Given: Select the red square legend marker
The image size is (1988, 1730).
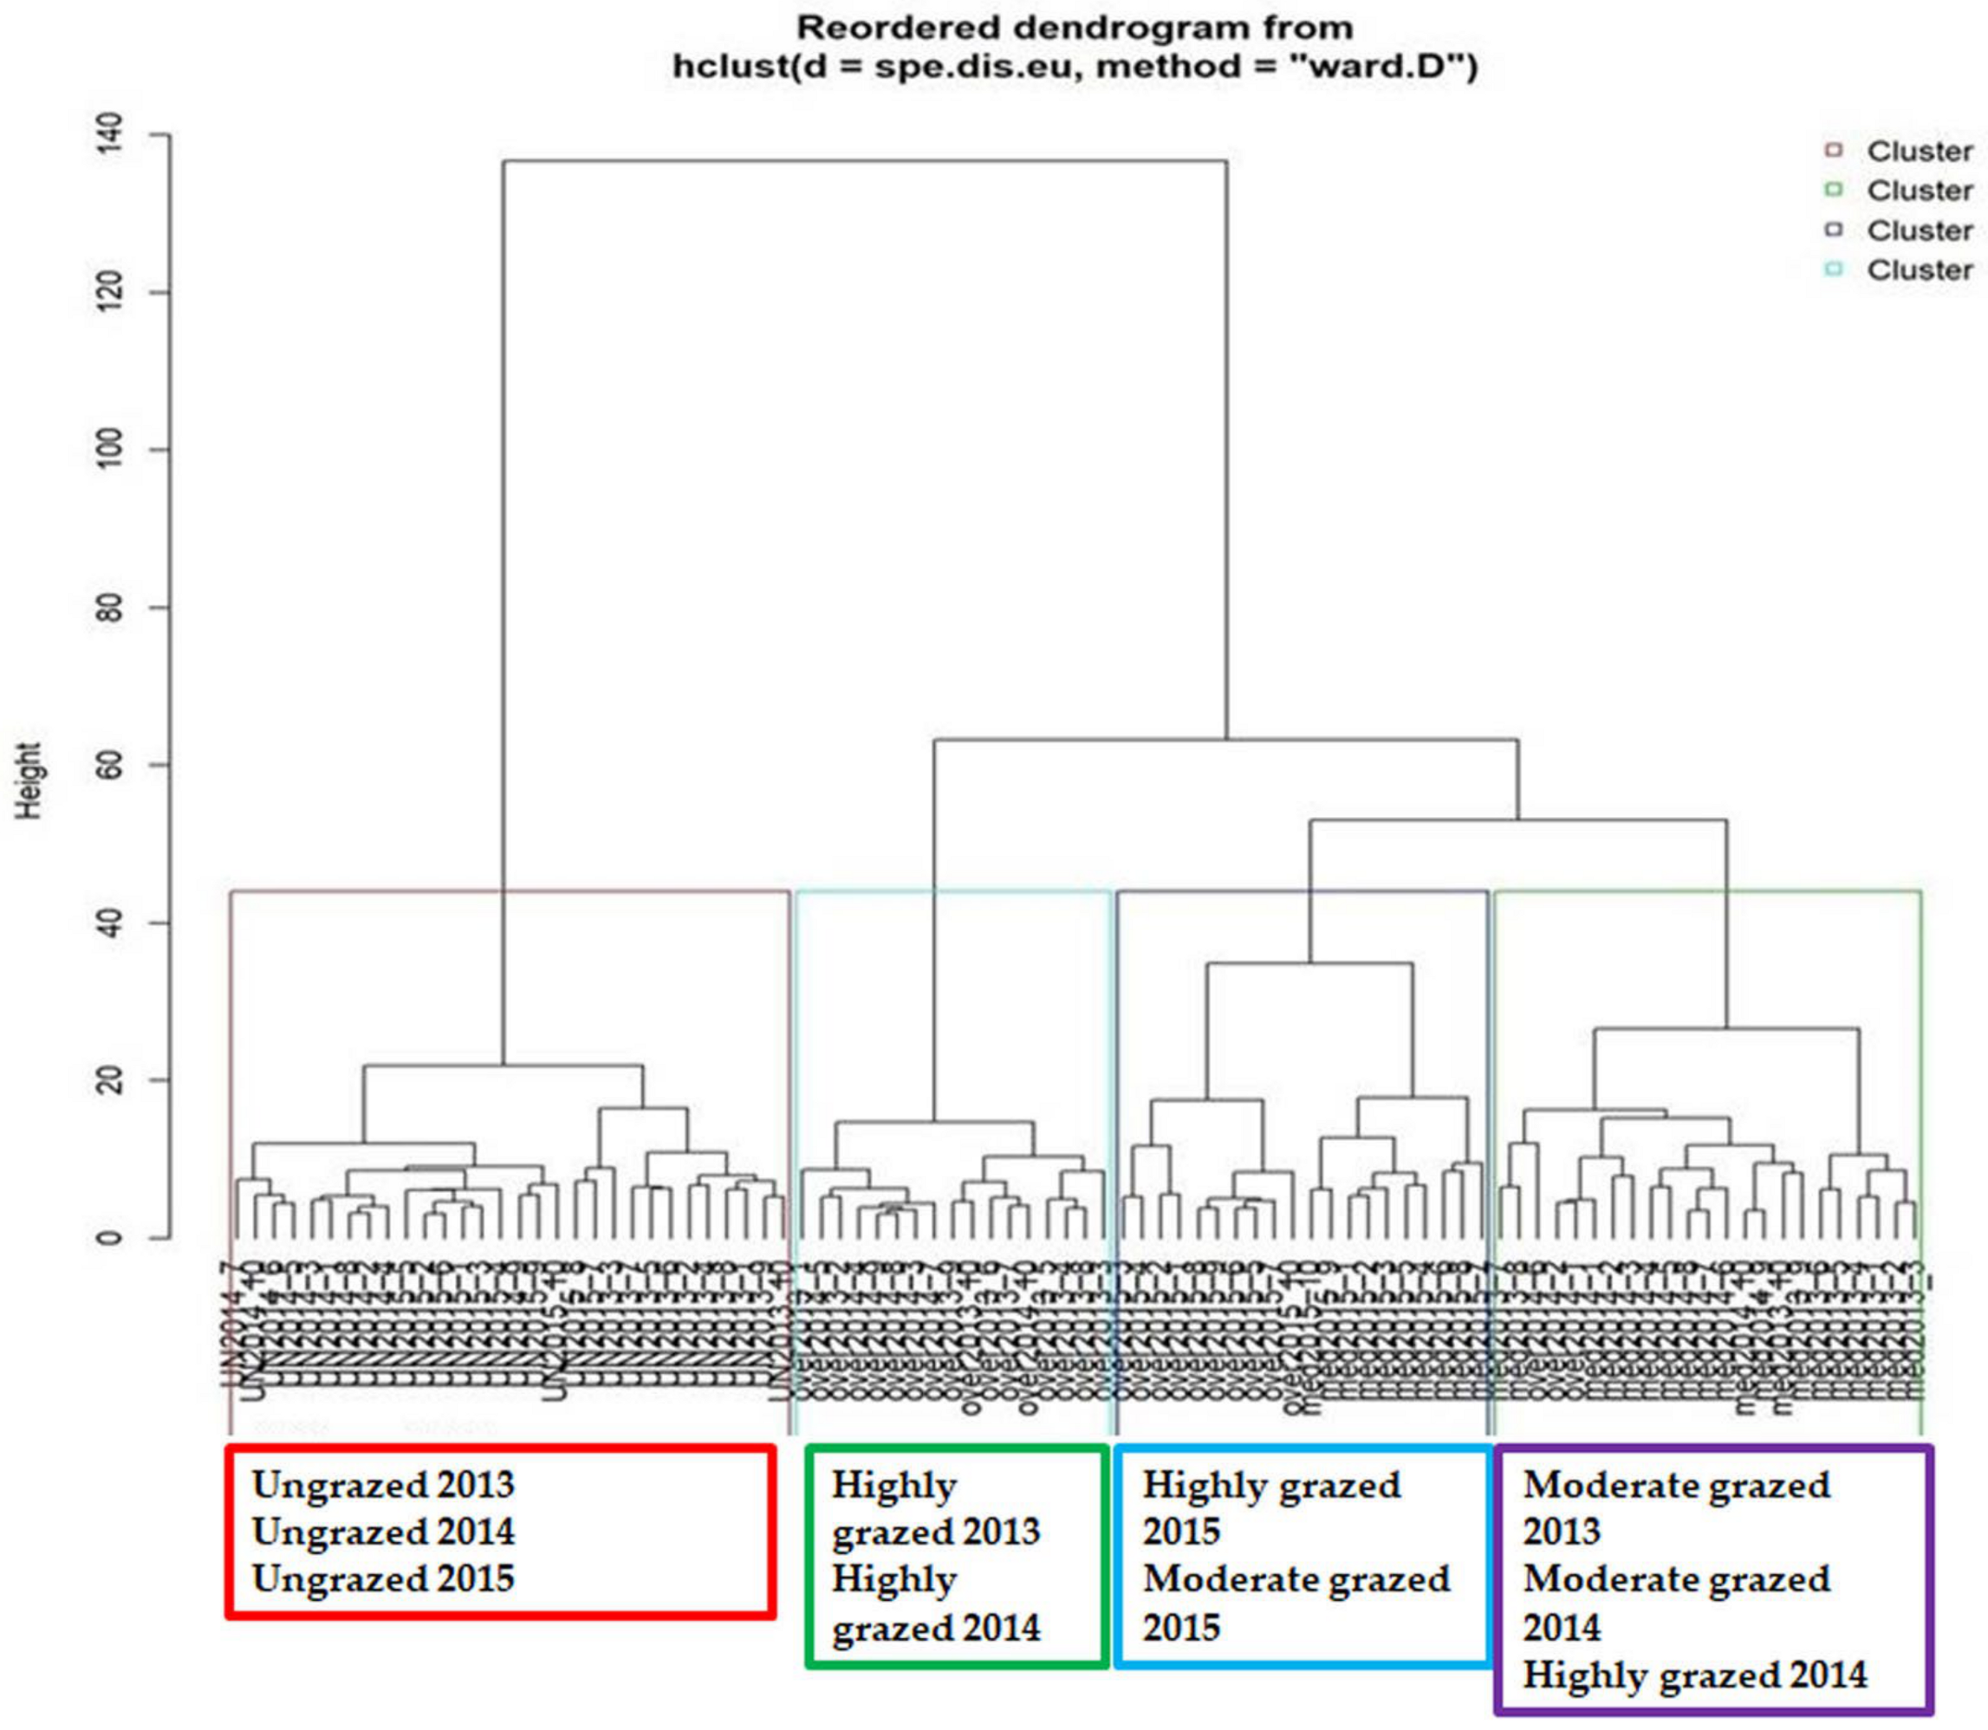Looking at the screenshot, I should pos(1834,151).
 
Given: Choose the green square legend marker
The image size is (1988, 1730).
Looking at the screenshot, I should pos(1834,191).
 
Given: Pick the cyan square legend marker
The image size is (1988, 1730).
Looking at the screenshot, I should pos(1834,269).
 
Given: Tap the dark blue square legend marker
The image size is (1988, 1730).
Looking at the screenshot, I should pos(1834,230).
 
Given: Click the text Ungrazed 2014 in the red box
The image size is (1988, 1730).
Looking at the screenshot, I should pos(383,1532).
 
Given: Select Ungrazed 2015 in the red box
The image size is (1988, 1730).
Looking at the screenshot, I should pos(383,1578).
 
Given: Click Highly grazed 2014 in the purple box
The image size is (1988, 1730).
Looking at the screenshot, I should pos(1694,1675).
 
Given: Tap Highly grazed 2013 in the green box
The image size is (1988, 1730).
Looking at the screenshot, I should pos(934,1508).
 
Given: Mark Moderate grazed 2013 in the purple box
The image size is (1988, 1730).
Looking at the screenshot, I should pos(1675,1508).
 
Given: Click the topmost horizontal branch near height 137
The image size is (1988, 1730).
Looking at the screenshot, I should pos(864,161).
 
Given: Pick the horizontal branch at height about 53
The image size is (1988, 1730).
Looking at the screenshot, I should pos(1517,820).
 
